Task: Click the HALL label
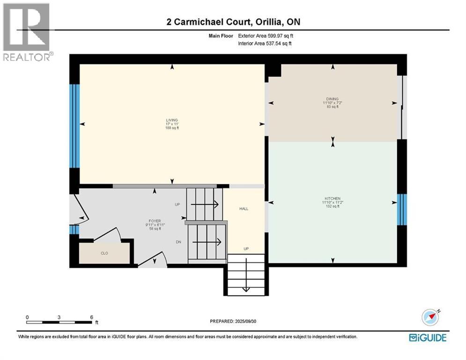pyautogui.click(x=244, y=209)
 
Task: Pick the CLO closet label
pyautogui.click(x=104, y=253)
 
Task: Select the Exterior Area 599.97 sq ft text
pyautogui.click(x=266, y=36)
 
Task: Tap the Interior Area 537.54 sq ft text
pyautogui.click(x=266, y=44)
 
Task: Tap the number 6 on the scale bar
pyautogui.click(x=91, y=317)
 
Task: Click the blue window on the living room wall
pyautogui.click(x=74, y=126)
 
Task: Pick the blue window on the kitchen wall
pyautogui.click(x=402, y=210)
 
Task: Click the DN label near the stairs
pyautogui.click(x=178, y=242)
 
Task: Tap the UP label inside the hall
pyautogui.click(x=245, y=248)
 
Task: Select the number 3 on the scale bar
pyautogui.click(x=59, y=317)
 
